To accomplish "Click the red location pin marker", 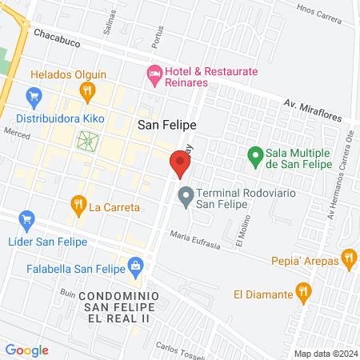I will [180, 165].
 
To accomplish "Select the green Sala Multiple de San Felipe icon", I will [255, 154].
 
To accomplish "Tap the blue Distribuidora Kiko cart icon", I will [34, 98].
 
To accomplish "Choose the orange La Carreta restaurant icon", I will [78, 205].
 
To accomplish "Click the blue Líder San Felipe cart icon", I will [26, 218].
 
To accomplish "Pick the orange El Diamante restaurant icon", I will [302, 292].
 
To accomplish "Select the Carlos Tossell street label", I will [182, 350].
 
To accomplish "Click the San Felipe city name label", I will [166, 125].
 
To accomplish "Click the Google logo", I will [26, 350].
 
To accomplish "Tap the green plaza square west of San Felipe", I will [86, 142].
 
